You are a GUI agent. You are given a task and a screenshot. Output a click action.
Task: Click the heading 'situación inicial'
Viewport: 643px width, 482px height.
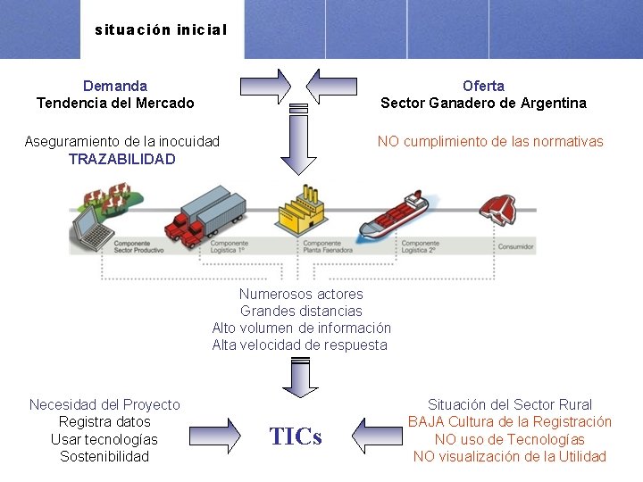161,29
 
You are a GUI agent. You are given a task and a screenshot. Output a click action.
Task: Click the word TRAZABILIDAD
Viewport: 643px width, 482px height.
121,159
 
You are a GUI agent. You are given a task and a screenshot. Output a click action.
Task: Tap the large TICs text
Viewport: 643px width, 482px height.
296,436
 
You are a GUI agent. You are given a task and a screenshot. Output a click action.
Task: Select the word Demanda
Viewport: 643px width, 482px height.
115,86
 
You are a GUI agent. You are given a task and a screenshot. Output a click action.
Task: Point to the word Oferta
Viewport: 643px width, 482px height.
483,86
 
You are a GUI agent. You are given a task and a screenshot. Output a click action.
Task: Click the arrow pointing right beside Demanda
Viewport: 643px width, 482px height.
264,86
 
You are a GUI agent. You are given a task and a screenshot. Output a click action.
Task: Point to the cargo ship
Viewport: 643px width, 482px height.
394,217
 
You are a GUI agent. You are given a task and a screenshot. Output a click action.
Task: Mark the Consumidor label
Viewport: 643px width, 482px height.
515,246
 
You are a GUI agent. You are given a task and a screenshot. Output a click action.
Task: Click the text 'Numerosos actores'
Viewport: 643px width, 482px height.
301,294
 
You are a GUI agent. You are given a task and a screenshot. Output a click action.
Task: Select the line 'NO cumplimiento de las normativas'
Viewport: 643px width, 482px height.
490,141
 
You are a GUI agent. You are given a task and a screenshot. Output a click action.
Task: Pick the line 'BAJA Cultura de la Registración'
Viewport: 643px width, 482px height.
510,421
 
